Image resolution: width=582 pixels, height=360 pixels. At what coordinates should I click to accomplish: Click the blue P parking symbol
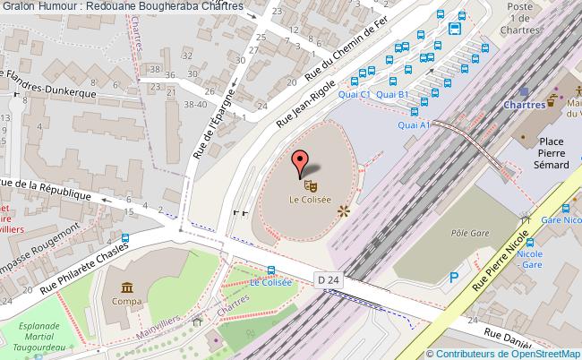tap(455, 279)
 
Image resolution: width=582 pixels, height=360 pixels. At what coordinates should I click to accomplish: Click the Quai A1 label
tap(414, 124)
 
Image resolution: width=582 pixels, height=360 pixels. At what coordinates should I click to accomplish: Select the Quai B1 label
tap(392, 94)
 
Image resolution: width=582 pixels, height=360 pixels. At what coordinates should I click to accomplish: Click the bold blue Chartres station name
tap(525, 105)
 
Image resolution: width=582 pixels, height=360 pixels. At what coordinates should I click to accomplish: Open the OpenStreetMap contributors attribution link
tap(508, 353)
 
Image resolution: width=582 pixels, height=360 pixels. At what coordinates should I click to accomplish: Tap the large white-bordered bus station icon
tap(455, 28)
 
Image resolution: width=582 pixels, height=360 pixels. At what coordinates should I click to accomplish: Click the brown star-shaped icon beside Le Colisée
tap(342, 211)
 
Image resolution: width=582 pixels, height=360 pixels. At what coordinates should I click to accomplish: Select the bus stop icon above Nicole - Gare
tap(529, 242)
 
